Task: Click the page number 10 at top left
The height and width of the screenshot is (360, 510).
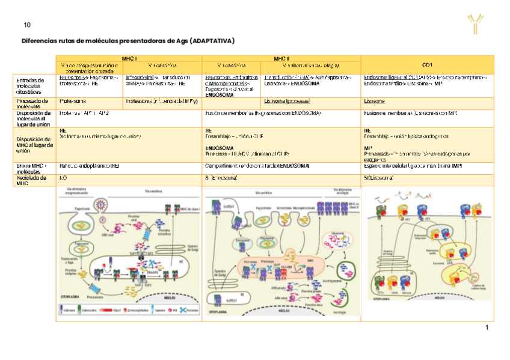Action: pyautogui.click(x=26, y=25)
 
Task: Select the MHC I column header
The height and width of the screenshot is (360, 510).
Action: pyautogui.click(x=129, y=58)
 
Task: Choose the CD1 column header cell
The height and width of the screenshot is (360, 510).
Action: pyautogui.click(x=427, y=64)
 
